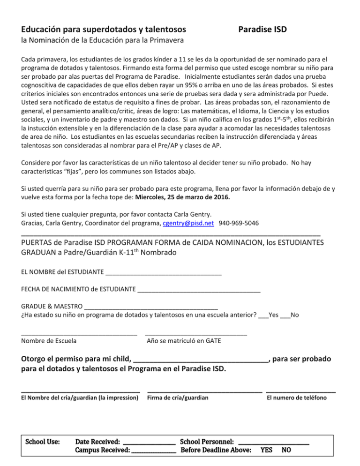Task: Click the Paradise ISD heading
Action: (x=262, y=30)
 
